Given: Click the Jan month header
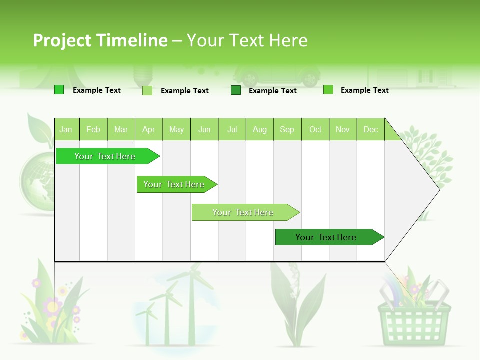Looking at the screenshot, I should (66, 129).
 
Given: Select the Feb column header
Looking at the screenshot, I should (93, 129).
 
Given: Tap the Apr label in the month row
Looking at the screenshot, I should (148, 129).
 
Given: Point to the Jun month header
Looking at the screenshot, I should (204, 129).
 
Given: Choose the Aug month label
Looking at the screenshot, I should (259, 129).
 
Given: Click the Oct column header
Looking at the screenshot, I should (315, 129).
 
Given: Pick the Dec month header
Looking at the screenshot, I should (370, 129).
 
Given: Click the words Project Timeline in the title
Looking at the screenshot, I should (100, 40).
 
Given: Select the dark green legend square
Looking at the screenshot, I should (236, 90).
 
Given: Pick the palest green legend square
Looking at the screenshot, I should (147, 90).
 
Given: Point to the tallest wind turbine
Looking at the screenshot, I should (190, 300).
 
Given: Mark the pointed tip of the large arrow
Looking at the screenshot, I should (439, 189).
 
